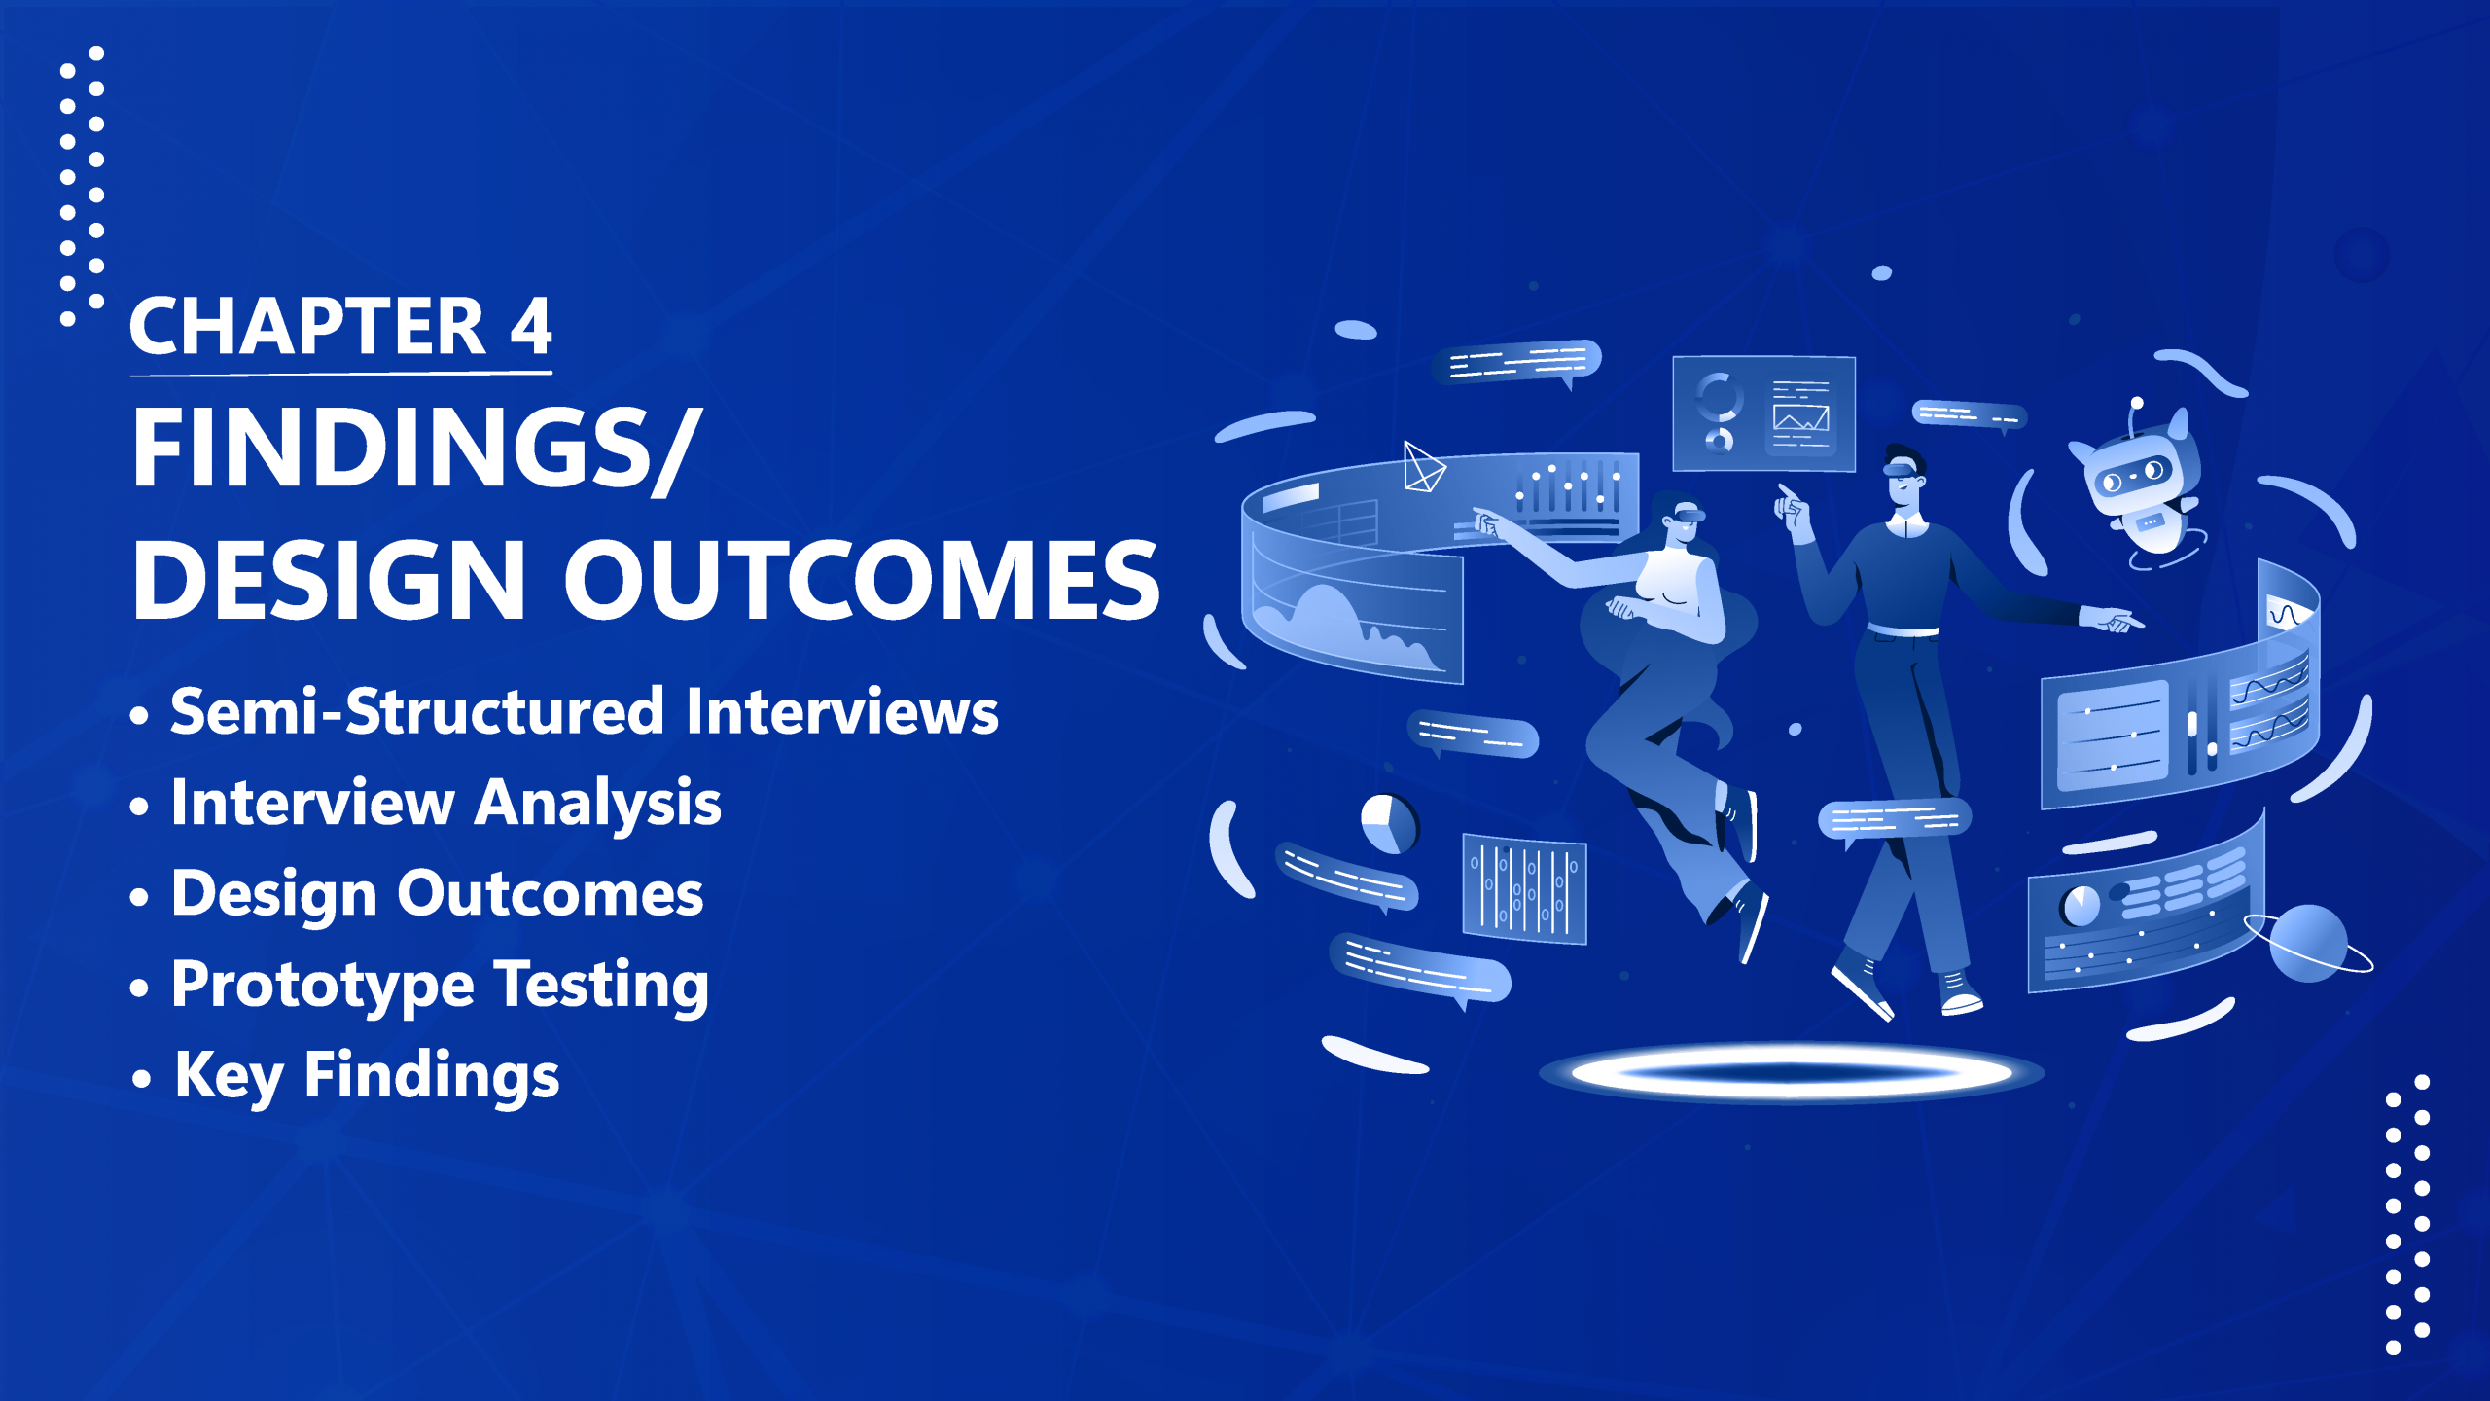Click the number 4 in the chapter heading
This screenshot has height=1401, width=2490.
pos(531,326)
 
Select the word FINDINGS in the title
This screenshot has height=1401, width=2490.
pos(388,448)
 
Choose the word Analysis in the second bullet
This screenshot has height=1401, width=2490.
pos(598,805)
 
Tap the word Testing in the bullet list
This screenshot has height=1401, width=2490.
pos(601,987)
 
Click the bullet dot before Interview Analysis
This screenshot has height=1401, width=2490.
pos(139,807)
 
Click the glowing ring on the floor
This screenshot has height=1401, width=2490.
pos(1792,1073)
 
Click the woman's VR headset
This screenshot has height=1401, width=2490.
pos(1683,513)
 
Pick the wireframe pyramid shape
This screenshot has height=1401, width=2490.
pos(1424,467)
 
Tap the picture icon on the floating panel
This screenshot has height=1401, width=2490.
pos(1800,418)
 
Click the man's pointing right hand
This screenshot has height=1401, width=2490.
pos(2111,619)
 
